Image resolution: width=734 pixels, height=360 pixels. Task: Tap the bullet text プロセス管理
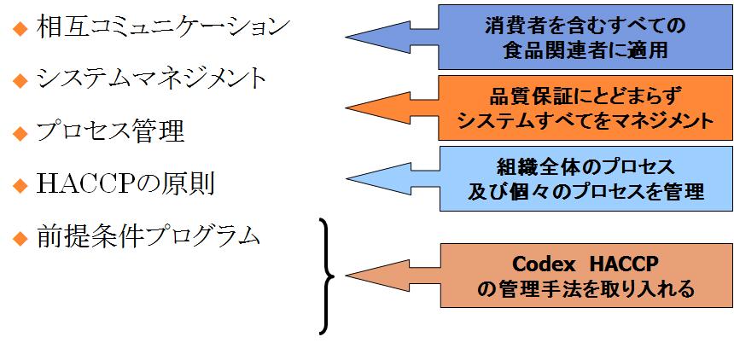click(111, 131)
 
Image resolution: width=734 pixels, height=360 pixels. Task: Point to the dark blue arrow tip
click(352, 37)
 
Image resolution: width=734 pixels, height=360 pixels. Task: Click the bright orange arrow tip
click(352, 108)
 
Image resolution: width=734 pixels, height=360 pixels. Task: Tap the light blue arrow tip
click(352, 178)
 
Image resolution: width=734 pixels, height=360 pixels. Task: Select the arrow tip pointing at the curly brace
click(352, 276)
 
